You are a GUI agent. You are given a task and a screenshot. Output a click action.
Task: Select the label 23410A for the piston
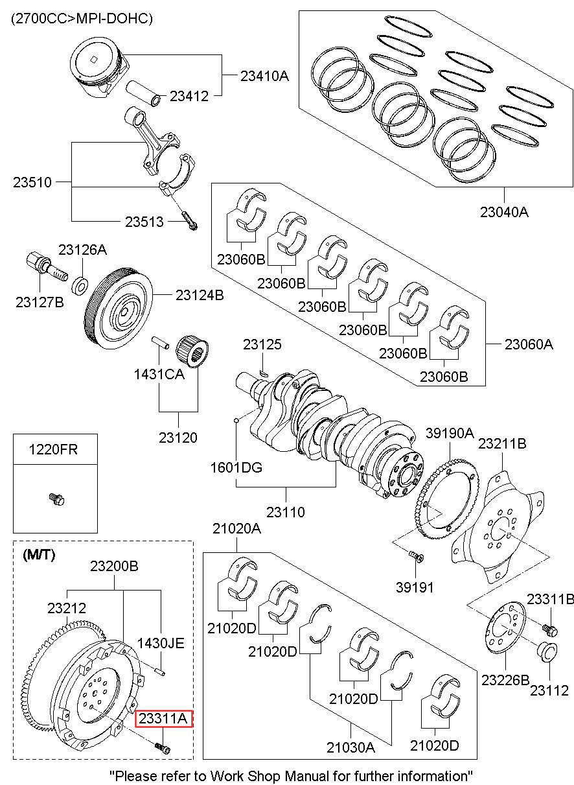(x=264, y=76)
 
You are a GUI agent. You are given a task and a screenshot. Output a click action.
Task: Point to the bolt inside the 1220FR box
(x=56, y=498)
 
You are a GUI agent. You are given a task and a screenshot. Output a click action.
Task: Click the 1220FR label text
(x=52, y=449)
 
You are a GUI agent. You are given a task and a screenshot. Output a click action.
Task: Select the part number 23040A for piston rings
(x=504, y=211)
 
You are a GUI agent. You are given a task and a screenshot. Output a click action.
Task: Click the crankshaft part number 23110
(x=286, y=512)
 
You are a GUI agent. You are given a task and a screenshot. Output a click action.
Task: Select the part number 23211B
(x=502, y=443)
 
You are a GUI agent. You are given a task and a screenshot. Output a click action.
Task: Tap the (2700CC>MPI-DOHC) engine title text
(x=81, y=19)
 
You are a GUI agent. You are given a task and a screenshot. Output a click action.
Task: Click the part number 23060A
(x=529, y=344)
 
